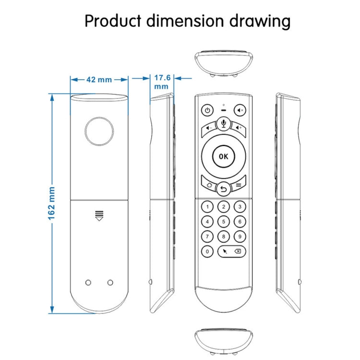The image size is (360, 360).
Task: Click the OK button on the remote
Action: (223, 156)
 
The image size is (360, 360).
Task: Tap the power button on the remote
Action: (206, 110)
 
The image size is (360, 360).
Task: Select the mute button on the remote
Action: (240, 110)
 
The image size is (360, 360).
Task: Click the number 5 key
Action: (223, 221)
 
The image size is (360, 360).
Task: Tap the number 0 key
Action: (207, 251)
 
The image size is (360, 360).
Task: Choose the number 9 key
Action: (239, 236)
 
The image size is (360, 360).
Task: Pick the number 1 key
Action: (207, 207)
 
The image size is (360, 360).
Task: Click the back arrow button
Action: (223, 189)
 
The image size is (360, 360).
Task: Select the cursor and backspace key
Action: (231, 251)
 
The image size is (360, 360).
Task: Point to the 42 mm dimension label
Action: (99, 80)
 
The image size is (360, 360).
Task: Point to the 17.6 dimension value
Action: (162, 77)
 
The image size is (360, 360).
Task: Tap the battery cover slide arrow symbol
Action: (99, 216)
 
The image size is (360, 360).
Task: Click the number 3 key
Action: (239, 207)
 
